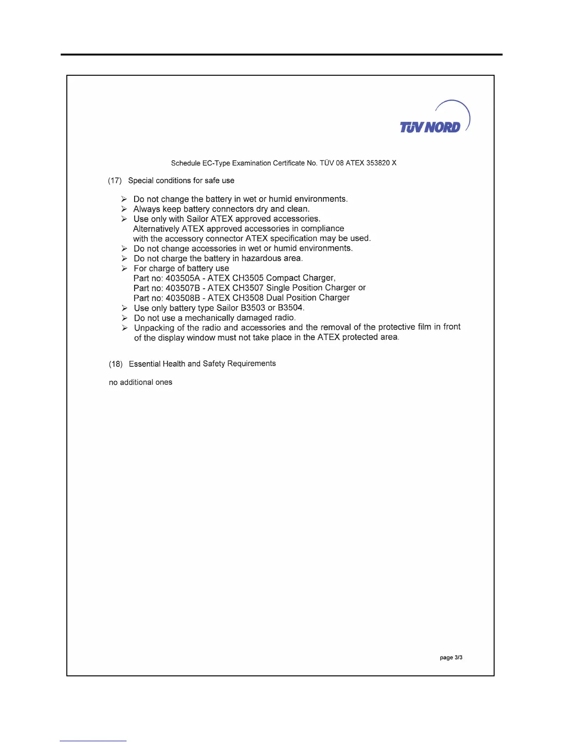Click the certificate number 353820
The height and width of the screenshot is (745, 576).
click(x=378, y=163)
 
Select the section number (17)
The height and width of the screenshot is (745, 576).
click(x=115, y=181)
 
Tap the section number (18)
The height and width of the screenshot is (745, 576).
click(x=116, y=364)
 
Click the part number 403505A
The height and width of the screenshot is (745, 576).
click(x=183, y=278)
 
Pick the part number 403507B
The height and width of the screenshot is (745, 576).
click(x=183, y=288)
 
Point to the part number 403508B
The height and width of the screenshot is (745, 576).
click(x=183, y=298)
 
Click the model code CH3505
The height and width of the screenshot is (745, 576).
click(x=248, y=278)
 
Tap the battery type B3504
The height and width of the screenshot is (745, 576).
click(x=290, y=308)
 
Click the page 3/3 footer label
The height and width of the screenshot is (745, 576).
click(x=451, y=658)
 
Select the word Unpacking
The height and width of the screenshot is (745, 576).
click(x=154, y=328)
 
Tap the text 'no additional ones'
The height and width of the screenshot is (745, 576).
click(x=141, y=382)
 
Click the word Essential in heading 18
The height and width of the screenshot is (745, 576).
click(x=144, y=364)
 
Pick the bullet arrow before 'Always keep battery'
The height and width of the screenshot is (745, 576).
click(x=124, y=209)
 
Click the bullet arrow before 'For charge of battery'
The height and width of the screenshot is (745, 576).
click(x=124, y=269)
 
